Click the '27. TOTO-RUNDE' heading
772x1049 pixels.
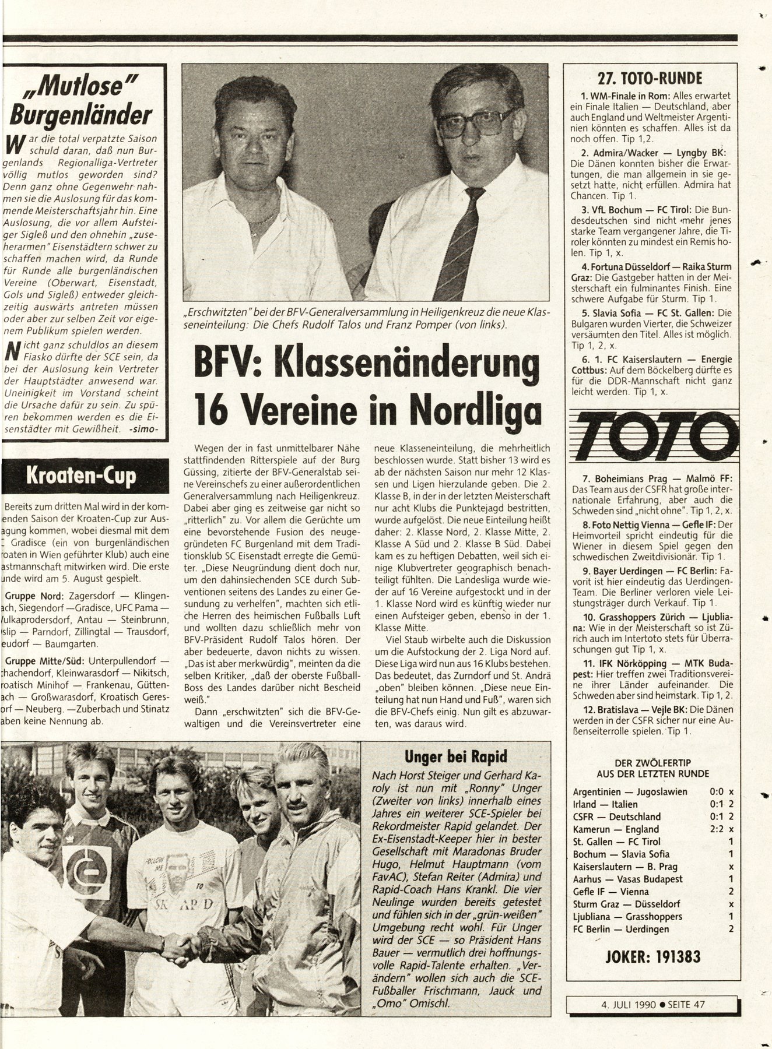pos(650,78)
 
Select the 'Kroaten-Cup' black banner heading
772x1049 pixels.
pos(81,476)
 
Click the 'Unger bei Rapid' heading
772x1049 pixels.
pos(456,756)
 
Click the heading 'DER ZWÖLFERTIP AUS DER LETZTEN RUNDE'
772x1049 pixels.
pos(652,768)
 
